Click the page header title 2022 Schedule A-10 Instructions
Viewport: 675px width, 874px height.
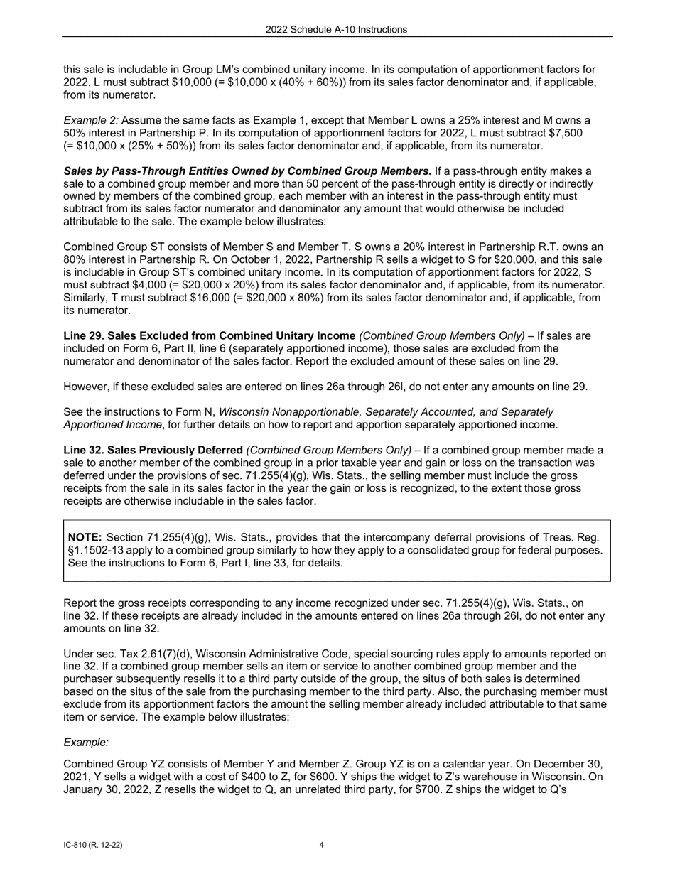coord(337,29)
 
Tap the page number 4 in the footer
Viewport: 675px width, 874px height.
coord(321,845)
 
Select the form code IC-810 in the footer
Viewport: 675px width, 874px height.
coord(80,845)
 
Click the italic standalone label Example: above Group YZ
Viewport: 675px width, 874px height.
coord(86,742)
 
